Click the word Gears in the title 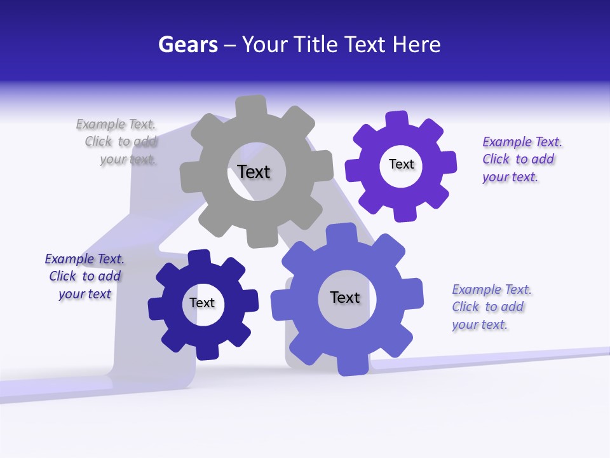click(x=187, y=45)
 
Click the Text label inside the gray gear click(x=254, y=172)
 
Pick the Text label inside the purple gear click(x=401, y=164)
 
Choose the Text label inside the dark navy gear click(x=202, y=303)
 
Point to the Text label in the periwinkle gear click(x=344, y=297)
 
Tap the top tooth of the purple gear click(x=396, y=119)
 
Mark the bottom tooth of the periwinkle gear click(x=353, y=365)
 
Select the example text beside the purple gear click(x=521, y=159)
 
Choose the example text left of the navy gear click(x=85, y=276)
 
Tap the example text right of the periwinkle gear click(x=491, y=307)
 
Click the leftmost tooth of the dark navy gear click(x=156, y=309)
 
